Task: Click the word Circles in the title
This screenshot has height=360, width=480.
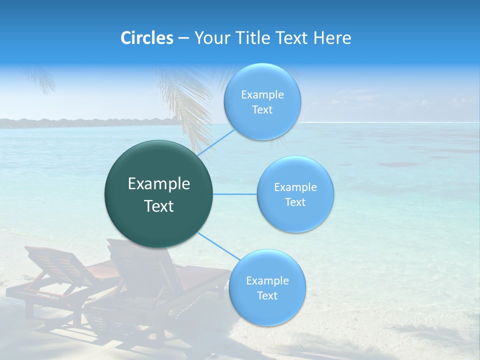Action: point(147,38)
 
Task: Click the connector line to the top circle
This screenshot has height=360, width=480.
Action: point(216,142)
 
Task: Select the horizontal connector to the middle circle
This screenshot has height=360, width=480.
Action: point(235,194)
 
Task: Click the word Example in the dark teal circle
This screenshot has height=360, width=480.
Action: point(158,184)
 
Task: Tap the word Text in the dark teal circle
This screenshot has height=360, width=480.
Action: point(158,206)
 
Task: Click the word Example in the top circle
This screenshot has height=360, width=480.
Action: point(262,95)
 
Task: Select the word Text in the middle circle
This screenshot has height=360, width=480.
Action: point(295,202)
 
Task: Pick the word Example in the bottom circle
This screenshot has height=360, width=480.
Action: point(267,280)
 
